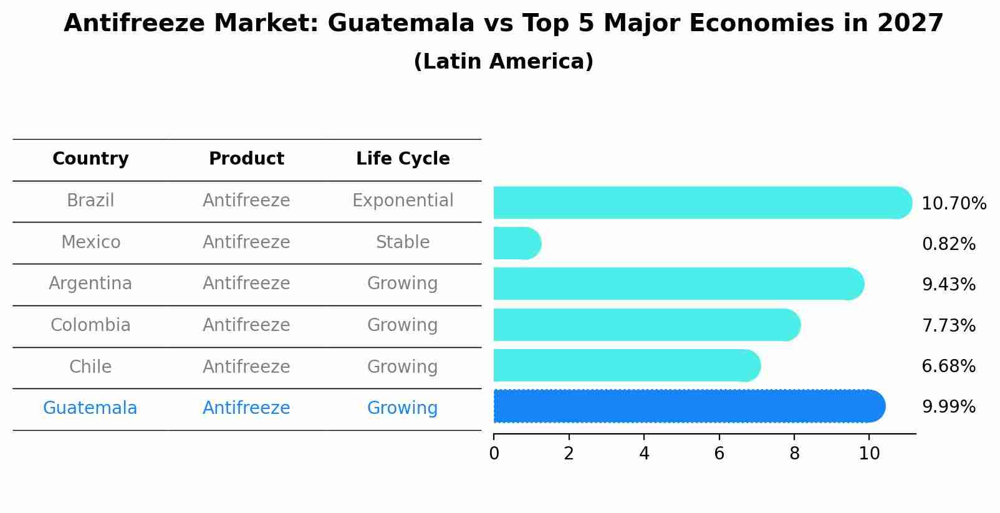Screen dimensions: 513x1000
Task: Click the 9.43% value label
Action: [x=948, y=285]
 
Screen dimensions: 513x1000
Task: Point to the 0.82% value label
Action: [x=948, y=244]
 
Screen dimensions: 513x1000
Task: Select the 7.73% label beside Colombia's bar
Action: [x=948, y=326]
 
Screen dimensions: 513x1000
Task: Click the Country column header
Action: [x=90, y=159]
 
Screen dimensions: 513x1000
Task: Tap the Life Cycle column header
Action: [x=403, y=159]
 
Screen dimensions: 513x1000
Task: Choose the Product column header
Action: [x=246, y=159]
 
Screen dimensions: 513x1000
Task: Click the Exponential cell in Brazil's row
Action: [x=403, y=201]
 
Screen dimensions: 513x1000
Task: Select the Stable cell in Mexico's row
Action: [x=403, y=242]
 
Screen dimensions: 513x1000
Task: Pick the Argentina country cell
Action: [x=90, y=284]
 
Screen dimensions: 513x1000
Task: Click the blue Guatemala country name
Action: [x=90, y=408]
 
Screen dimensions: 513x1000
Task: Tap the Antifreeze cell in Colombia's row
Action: [x=246, y=325]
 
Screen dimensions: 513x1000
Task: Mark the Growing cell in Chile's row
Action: [x=403, y=367]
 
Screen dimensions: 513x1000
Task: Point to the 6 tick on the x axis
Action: [x=719, y=454]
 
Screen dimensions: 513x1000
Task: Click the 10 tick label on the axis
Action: [x=869, y=454]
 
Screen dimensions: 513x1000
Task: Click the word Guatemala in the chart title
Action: [x=400, y=24]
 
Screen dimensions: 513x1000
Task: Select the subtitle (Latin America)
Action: [x=503, y=62]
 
